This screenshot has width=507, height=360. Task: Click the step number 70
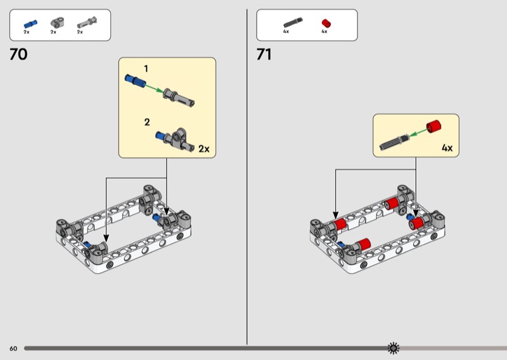point(18,55)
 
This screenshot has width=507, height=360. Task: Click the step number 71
point(264,55)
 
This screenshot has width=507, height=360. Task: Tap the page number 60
point(13,349)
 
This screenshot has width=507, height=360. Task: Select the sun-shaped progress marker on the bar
point(393,348)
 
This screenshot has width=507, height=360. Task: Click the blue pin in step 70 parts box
point(30,24)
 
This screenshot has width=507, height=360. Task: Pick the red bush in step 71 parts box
point(326,23)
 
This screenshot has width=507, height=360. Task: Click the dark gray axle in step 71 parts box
point(293,22)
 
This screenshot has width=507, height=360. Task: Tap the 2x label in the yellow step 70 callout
point(203,149)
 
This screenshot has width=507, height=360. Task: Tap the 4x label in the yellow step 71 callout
point(447,148)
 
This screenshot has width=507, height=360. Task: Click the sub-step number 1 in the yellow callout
point(146,68)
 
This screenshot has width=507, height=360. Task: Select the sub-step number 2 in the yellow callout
point(147,122)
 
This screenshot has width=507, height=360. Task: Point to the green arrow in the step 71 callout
point(418,132)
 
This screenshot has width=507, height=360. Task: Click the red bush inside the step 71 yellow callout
point(433,126)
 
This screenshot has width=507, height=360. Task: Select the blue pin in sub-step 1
point(135,80)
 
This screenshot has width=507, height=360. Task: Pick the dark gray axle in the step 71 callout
point(394,143)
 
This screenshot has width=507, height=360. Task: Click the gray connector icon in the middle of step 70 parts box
point(57,23)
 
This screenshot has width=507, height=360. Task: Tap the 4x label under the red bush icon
point(324,32)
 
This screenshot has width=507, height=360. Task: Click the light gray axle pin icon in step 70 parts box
point(87,23)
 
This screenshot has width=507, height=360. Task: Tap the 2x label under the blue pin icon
point(27,32)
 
